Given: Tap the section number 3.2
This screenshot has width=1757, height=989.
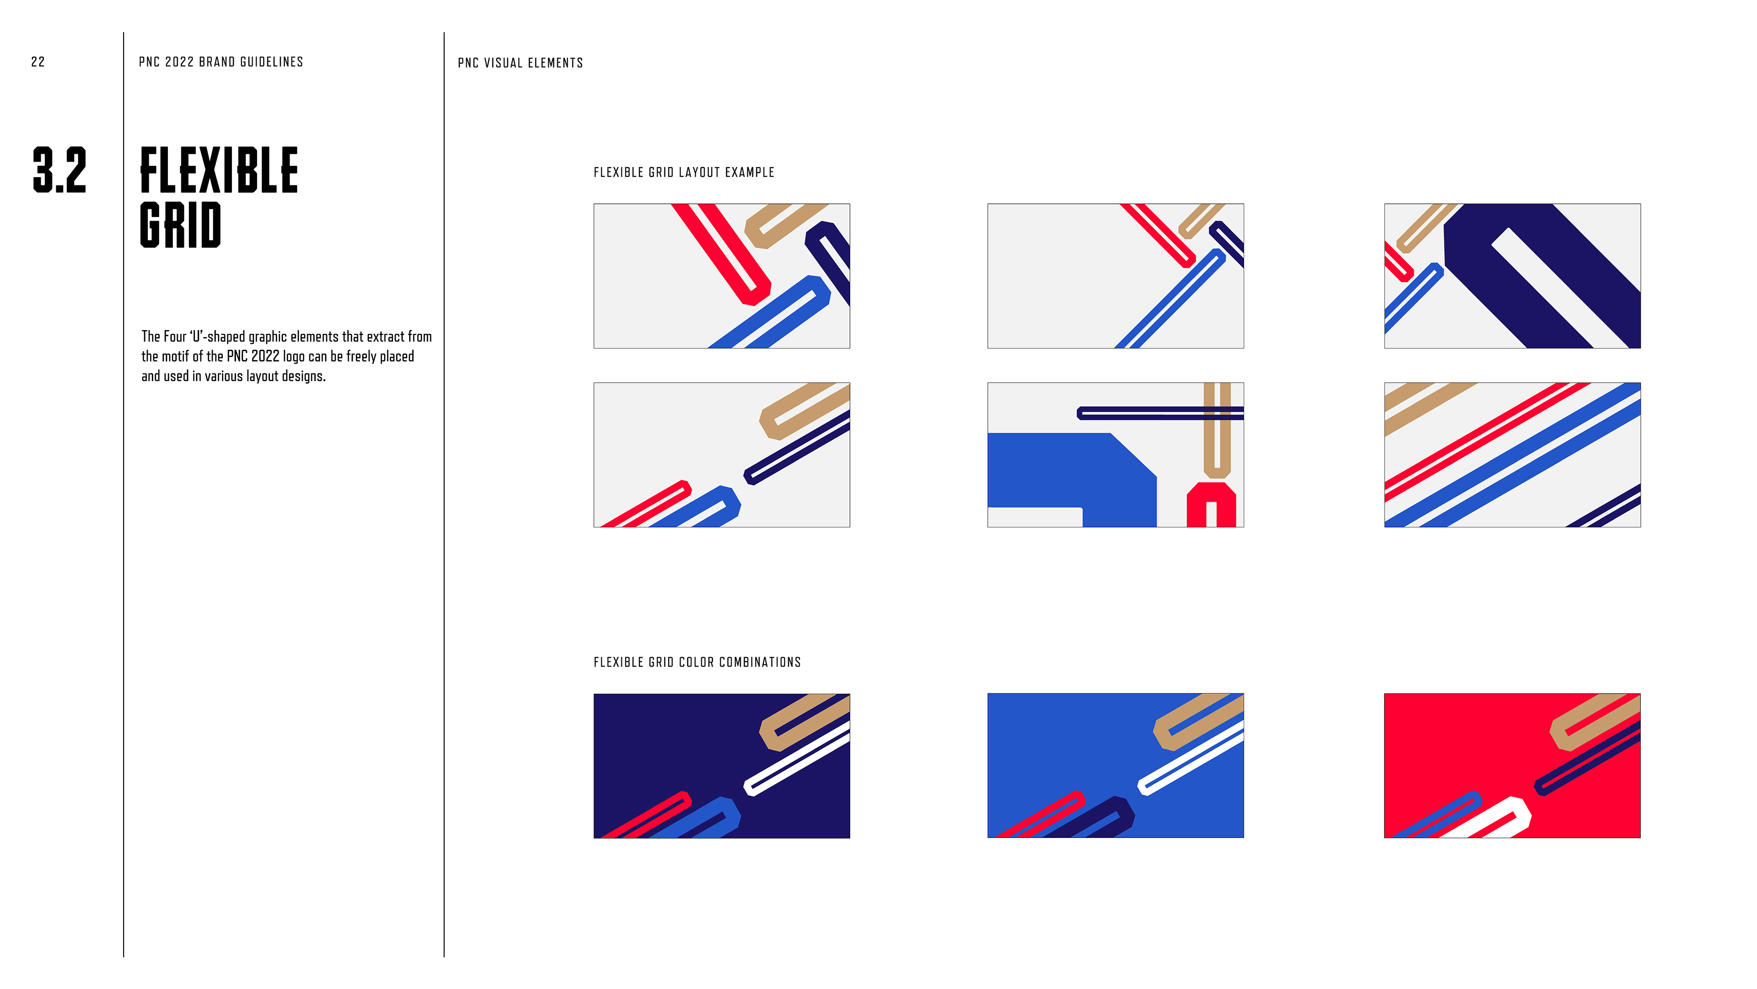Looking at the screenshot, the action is (60, 170).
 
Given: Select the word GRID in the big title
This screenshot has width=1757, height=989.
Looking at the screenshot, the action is (181, 225).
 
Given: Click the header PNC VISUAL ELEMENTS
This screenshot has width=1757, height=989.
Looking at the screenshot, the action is (520, 63).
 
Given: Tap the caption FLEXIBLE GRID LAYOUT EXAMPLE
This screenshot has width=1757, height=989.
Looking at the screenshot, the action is (684, 173).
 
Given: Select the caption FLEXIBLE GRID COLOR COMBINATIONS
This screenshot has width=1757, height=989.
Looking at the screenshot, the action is (697, 662).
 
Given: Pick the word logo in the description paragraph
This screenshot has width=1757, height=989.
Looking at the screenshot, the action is (294, 356).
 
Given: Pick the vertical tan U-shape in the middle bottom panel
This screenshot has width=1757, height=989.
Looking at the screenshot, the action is (1217, 430).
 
